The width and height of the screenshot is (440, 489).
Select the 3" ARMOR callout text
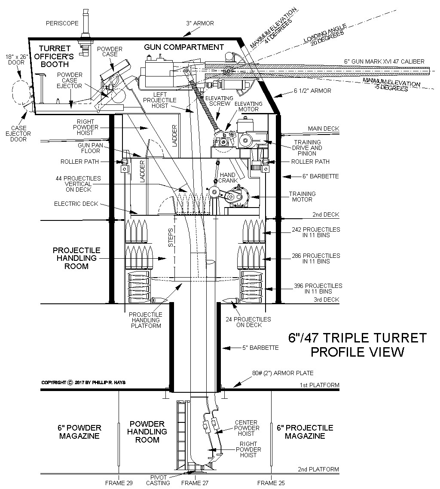click(x=200, y=23)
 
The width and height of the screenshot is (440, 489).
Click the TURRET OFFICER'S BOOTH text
click(x=58, y=56)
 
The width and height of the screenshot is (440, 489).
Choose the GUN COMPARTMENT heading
click(x=184, y=47)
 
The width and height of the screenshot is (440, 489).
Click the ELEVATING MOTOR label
click(x=248, y=107)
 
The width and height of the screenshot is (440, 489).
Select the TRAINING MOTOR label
click(x=302, y=197)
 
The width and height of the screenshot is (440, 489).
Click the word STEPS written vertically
click(x=171, y=237)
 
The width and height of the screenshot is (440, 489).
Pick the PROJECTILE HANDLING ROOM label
click(x=77, y=258)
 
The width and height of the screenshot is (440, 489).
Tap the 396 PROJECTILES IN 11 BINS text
click(x=318, y=288)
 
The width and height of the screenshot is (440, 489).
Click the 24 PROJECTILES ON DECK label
click(x=254, y=322)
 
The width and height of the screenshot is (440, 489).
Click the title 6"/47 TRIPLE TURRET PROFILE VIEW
click(x=358, y=344)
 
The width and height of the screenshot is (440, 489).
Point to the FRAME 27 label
click(x=195, y=483)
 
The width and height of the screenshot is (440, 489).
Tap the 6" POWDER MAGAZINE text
click(x=79, y=432)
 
